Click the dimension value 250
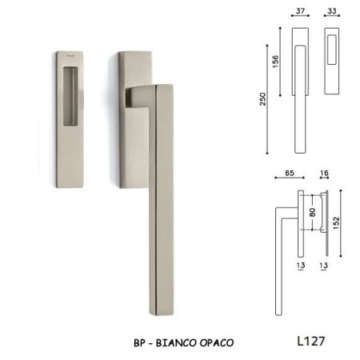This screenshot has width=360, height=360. coord(263,99)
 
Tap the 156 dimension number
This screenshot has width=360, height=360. coord(275,62)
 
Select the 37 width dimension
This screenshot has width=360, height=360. coord(300,11)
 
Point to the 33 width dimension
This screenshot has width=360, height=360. coord(332,11)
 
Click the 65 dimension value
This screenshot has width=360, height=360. coord(290,173)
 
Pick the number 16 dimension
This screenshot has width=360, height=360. coord(324,173)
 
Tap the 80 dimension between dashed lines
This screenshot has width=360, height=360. coord(313,212)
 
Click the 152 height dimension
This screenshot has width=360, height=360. coord(336,223)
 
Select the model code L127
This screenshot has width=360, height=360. coord(311,341)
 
